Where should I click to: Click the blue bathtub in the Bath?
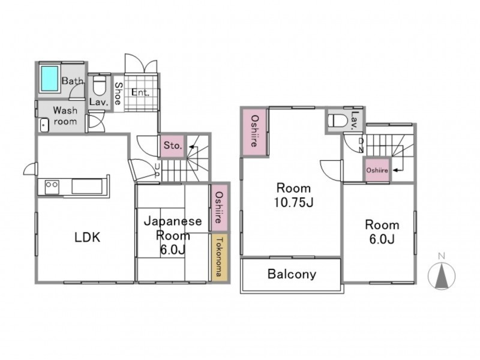point(50,79)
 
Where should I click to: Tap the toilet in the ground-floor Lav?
point(99,85)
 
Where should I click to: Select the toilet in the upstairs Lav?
point(337,120)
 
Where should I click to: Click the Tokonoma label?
point(219,257)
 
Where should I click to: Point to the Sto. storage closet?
point(172,146)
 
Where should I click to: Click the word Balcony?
point(292,274)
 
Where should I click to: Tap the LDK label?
point(87,238)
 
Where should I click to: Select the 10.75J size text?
point(293,202)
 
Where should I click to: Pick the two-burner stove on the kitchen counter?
point(52,187)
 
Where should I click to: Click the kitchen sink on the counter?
point(87,187)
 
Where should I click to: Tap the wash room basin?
point(44,125)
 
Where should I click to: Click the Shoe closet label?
point(118,94)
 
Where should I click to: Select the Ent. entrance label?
point(140,92)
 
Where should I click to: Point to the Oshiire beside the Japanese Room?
point(219,208)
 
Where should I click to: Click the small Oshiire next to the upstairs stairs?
point(377,170)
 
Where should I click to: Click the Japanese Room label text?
point(173,229)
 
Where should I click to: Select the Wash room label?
point(65,116)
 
